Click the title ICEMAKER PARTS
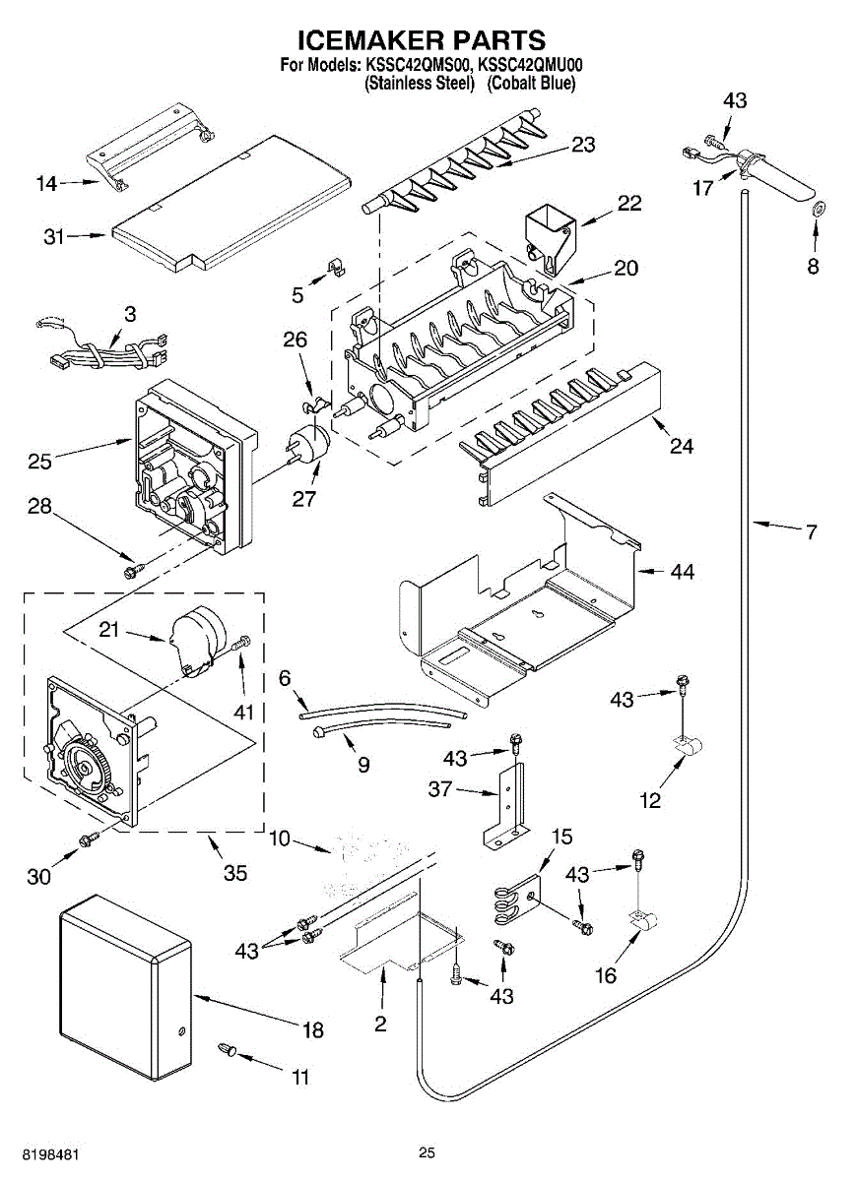pyautogui.click(x=423, y=40)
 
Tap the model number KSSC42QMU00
pyautogui.click(x=530, y=65)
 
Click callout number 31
pyautogui.click(x=54, y=237)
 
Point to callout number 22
pyautogui.click(x=629, y=203)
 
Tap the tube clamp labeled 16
pyautogui.click(x=643, y=921)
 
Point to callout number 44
pyautogui.click(x=683, y=571)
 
